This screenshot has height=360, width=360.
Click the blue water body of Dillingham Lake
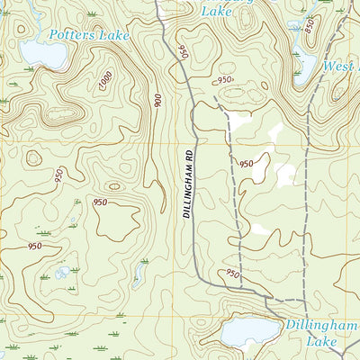click(243, 333)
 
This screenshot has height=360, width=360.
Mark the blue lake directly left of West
click(304, 63)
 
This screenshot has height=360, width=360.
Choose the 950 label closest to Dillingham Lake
click(233, 274)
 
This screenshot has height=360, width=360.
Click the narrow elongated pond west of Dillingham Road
click(140, 269)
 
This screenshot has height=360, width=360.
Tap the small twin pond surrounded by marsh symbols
click(62, 272)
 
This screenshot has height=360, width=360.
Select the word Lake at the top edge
click(216, 11)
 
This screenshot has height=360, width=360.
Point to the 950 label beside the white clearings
click(246, 164)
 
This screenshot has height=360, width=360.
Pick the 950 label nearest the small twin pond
click(34, 246)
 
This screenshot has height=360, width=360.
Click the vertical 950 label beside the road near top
click(182, 52)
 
